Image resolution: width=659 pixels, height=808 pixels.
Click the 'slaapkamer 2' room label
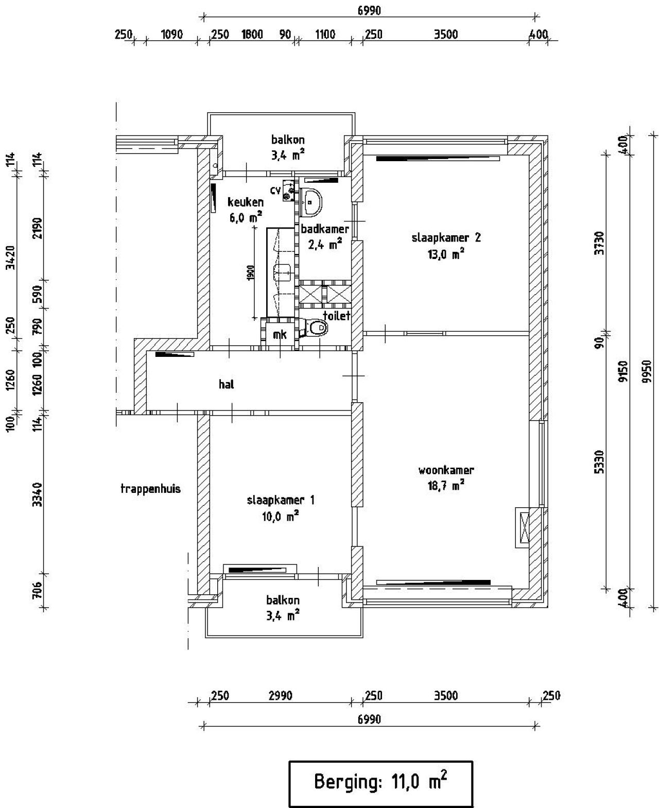click(x=446, y=237)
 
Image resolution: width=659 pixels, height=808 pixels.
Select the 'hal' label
click(x=227, y=384)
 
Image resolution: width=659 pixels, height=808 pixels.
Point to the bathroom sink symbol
click(x=312, y=201)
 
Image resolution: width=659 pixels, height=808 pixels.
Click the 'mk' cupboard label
click(x=280, y=335)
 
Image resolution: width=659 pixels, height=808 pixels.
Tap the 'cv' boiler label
click(x=275, y=191)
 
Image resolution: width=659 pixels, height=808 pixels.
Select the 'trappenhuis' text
click(x=150, y=489)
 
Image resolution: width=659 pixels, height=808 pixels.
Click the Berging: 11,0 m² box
click(x=380, y=783)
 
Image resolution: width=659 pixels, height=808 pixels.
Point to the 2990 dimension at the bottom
click(x=280, y=696)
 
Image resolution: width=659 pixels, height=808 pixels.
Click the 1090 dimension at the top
click(x=172, y=35)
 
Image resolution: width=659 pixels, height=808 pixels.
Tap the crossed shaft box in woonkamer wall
click(x=525, y=527)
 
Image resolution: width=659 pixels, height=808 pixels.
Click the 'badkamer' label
click(x=325, y=229)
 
